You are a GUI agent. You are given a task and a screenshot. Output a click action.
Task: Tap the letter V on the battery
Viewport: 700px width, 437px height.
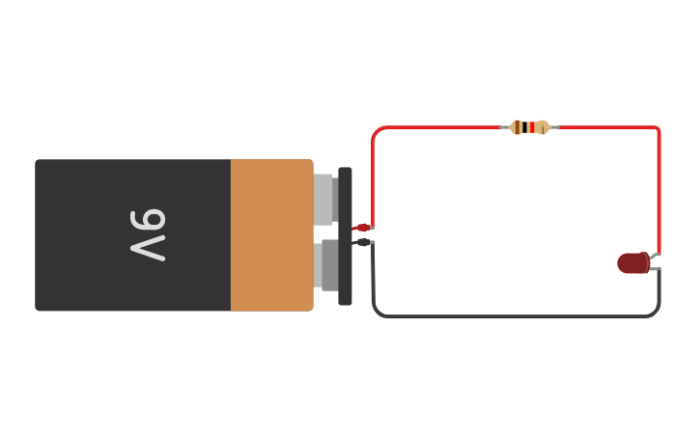(x=149, y=249)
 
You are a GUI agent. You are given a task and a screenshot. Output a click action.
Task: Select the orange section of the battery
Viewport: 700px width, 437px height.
(x=271, y=235)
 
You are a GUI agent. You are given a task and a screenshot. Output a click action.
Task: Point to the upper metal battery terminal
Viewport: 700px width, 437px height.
(x=323, y=199)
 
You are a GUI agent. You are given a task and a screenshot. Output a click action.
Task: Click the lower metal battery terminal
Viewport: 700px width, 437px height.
(x=326, y=265)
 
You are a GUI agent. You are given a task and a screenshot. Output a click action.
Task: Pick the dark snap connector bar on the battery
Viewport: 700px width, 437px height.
(x=345, y=235)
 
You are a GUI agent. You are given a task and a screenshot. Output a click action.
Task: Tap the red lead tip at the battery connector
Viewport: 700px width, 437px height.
(x=361, y=228)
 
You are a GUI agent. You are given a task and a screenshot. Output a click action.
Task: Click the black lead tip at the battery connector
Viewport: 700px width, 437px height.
(x=361, y=242)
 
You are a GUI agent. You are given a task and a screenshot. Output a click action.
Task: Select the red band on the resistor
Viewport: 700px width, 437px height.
(x=531, y=127)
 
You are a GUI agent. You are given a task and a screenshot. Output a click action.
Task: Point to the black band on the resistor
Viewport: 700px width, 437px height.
(x=524, y=127)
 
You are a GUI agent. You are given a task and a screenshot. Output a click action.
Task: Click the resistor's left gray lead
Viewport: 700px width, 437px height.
(x=505, y=127)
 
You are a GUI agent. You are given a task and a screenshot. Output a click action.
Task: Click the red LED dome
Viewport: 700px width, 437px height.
(x=632, y=262)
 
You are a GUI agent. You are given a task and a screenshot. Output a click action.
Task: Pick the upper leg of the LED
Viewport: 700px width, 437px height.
(x=655, y=256)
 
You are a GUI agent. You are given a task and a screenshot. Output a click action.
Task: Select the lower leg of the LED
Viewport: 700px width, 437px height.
(x=655, y=269)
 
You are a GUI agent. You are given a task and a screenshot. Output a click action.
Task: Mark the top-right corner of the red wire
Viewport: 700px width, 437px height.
(x=658, y=129)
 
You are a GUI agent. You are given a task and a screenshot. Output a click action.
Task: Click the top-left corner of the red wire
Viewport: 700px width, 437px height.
(x=375, y=130)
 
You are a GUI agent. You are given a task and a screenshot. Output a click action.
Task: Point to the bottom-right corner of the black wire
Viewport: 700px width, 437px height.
(x=657, y=314)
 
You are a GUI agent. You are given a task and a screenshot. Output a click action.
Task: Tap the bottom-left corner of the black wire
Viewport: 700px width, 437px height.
(x=376, y=314)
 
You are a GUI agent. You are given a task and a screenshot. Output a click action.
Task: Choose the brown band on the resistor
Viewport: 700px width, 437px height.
(x=518, y=127)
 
